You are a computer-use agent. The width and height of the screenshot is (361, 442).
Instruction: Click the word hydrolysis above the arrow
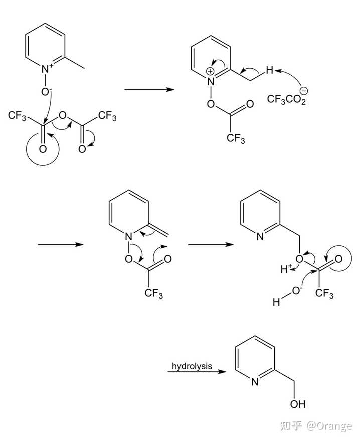click(x=192, y=366)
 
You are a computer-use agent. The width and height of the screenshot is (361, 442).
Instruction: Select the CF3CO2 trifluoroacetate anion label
click(x=286, y=100)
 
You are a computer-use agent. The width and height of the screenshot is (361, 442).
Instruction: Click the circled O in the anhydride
click(x=42, y=149)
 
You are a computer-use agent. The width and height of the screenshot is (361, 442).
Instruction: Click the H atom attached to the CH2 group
click(x=269, y=71)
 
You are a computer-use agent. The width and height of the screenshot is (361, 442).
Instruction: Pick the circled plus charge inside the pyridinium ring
click(x=210, y=71)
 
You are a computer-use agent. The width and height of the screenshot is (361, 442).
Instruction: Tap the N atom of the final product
click(x=254, y=382)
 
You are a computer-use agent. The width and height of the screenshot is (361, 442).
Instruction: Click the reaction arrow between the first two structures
click(x=149, y=90)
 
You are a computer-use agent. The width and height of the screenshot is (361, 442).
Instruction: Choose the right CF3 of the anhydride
click(x=107, y=117)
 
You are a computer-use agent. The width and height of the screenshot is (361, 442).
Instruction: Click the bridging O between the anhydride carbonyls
click(x=62, y=116)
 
